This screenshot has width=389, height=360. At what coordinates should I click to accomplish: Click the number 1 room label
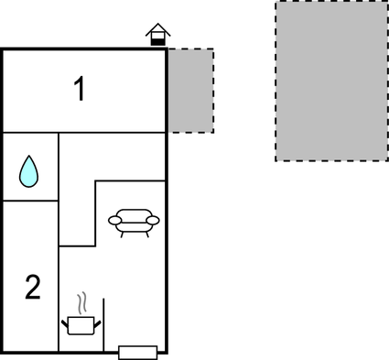pos(81,90)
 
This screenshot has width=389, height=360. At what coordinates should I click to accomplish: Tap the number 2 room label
pos(32,288)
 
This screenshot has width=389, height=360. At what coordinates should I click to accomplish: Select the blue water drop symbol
pos(30,170)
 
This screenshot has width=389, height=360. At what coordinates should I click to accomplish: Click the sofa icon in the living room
pos(134,222)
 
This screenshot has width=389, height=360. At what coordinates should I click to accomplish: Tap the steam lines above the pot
pos(82,301)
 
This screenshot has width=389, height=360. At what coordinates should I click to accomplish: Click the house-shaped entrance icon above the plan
pos(158,35)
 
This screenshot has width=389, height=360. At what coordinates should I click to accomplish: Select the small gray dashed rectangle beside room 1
pos(190,91)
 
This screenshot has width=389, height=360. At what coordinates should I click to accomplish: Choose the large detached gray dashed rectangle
pos(331,81)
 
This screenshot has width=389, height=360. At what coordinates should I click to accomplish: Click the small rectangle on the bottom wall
pos(138,352)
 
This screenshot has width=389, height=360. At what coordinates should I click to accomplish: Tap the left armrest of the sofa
pos(113,219)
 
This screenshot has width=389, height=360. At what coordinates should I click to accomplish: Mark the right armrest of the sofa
pos(154,219)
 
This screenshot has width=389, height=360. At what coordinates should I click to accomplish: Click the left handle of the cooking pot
pos(66,320)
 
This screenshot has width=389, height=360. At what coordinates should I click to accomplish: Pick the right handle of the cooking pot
pos(98,320)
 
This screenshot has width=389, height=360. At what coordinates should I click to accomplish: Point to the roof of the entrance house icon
pos(158,28)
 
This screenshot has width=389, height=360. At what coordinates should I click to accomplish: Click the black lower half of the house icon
pos(158,40)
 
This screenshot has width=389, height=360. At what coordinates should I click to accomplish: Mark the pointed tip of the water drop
pos(30,157)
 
